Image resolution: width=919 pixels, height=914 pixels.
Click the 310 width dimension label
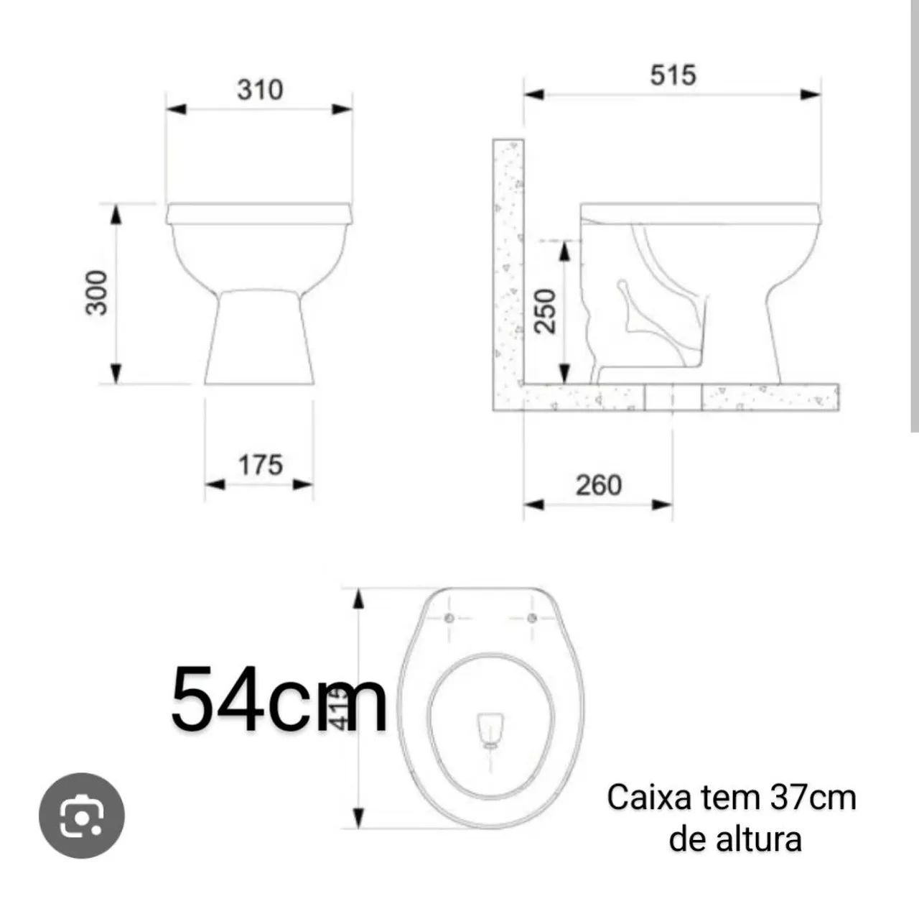pyautogui.click(x=260, y=90)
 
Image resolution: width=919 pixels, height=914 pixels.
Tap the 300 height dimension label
pyautogui.click(x=97, y=292)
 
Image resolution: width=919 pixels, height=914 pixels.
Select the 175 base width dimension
pyautogui.click(x=260, y=466)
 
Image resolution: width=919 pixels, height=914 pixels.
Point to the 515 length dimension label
pyautogui.click(x=673, y=75)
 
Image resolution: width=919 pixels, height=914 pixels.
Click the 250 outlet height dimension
pyautogui.click(x=547, y=310)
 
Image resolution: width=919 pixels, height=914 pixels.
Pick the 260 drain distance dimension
pyautogui.click(x=598, y=486)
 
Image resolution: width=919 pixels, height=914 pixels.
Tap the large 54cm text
pyautogui.click(x=279, y=698)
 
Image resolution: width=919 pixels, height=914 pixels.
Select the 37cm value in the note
pyautogui.click(x=813, y=798)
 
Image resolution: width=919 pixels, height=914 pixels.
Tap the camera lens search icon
pyautogui.click(x=82, y=816)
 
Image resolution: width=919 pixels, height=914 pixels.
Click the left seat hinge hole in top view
pyautogui.click(x=450, y=619)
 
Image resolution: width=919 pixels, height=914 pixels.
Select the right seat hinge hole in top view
pyautogui.click(x=532, y=619)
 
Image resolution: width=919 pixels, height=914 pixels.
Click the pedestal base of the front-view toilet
pyautogui.click(x=259, y=338)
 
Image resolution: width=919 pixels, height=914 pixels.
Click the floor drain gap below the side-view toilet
pyautogui.click(x=673, y=397)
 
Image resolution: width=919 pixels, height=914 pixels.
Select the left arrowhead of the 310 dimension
pyautogui.click(x=176, y=109)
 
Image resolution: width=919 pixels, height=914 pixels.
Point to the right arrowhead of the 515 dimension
pyautogui.click(x=812, y=94)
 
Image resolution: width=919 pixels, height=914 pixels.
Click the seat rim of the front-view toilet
pyautogui.click(x=259, y=213)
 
